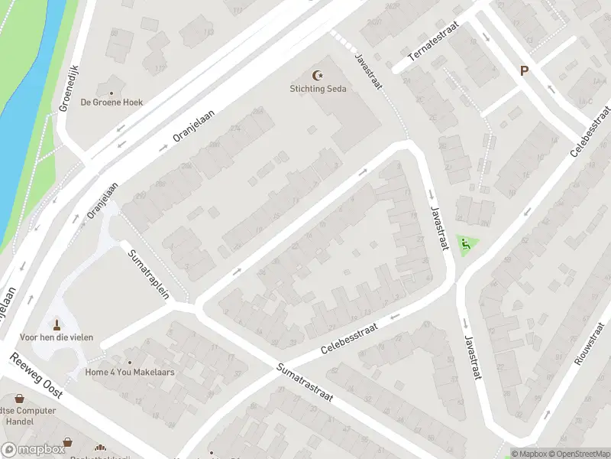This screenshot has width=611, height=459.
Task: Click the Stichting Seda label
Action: tap(318, 89)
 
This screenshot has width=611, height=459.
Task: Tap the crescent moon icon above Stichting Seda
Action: tap(318, 75)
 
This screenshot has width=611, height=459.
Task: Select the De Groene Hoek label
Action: tap(112, 102)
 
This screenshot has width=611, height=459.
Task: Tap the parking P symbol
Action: tap(524, 70)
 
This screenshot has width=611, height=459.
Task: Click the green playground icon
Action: tap(464, 245)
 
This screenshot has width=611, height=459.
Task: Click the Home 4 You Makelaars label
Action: tap(130, 373)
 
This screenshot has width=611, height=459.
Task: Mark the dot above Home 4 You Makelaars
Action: tap(130, 363)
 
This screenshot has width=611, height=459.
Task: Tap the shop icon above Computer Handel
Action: tap(19, 399)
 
